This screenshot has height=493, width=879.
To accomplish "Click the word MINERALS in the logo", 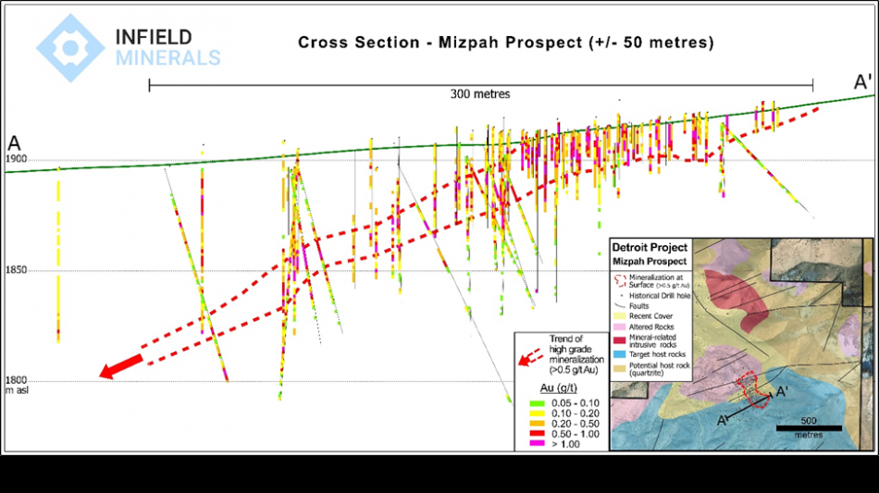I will [168, 58].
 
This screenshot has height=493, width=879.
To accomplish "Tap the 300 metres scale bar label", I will [480, 94].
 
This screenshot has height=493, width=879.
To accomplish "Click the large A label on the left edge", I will [14, 143].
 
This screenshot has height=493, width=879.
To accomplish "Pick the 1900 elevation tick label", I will [16, 160].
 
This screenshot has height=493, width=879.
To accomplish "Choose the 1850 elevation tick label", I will [16, 271].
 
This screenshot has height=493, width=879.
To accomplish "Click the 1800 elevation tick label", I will [16, 380].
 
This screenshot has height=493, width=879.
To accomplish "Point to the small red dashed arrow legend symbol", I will [531, 354].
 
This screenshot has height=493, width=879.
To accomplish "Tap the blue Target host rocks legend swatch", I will [619, 354].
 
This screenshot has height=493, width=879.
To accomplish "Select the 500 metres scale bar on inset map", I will [807, 426].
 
